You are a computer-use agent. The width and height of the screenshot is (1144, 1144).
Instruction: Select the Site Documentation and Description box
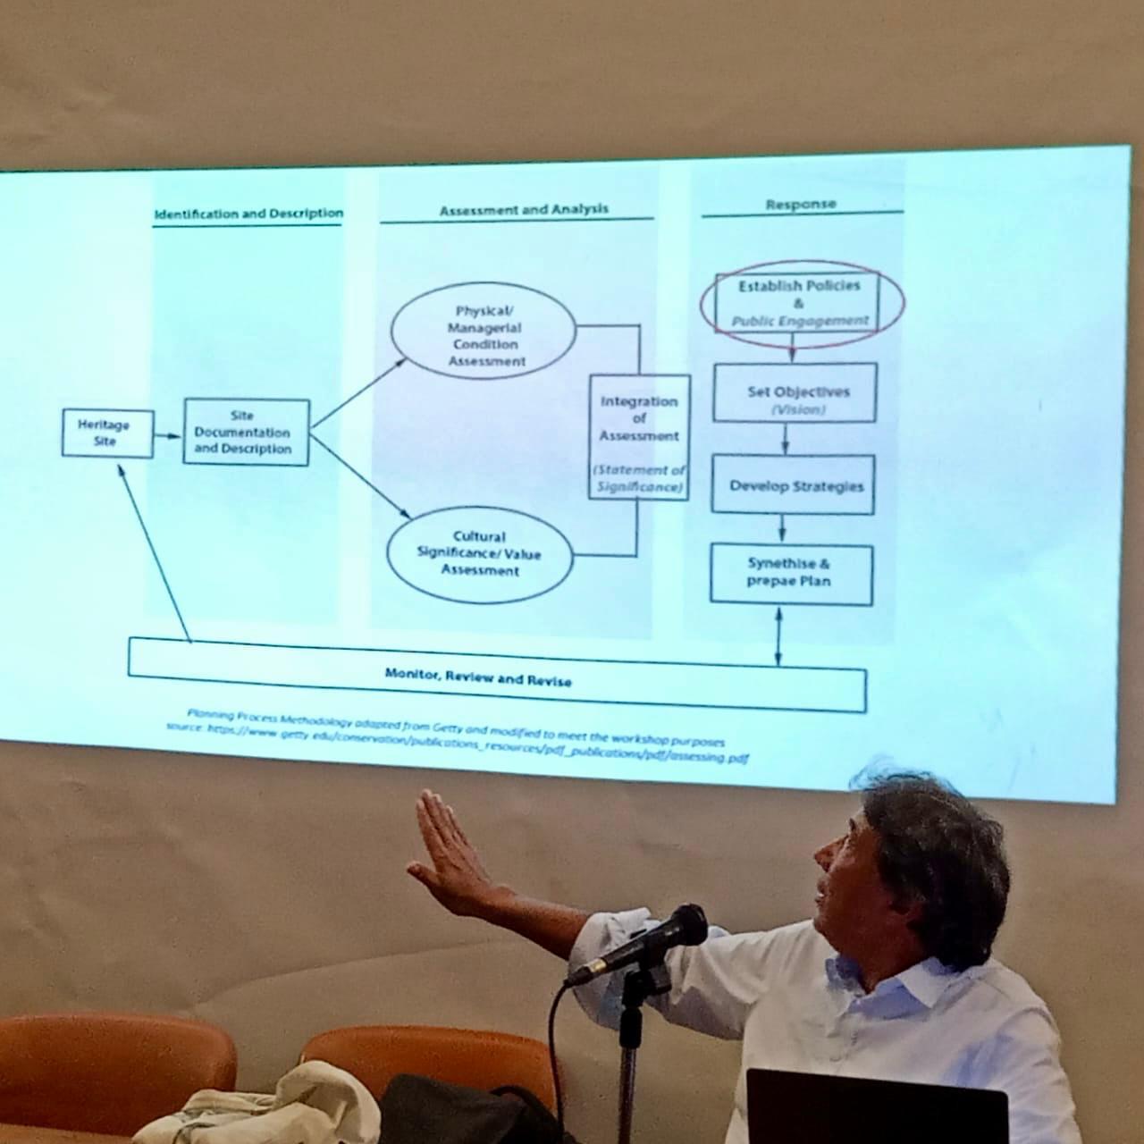pyautogui.click(x=246, y=433)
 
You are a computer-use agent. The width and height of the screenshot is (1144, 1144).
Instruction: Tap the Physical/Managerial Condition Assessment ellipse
pyautogui.click(x=484, y=336)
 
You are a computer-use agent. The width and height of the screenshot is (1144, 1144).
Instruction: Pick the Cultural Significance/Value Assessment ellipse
pyautogui.click(x=480, y=554)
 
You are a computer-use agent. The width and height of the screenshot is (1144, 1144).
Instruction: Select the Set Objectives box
pyautogui.click(x=795, y=393)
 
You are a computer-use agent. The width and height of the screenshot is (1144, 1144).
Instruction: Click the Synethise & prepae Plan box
pyautogui.click(x=791, y=573)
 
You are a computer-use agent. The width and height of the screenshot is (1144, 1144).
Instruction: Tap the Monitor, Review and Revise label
pyautogui.click(x=478, y=677)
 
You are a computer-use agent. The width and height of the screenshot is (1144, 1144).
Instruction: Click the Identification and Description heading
pyautogui.click(x=248, y=214)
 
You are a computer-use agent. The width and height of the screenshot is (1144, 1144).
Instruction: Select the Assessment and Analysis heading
pyautogui.click(x=524, y=210)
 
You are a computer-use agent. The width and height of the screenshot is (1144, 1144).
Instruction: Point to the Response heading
pyautogui.click(x=801, y=205)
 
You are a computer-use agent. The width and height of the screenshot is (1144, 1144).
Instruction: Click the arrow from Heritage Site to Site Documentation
pyautogui.click(x=168, y=436)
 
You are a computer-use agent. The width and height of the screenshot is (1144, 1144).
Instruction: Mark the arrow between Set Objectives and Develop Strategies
pyautogui.click(x=786, y=438)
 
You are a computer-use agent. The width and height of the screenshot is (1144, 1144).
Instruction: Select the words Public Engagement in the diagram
pyautogui.click(x=800, y=321)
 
